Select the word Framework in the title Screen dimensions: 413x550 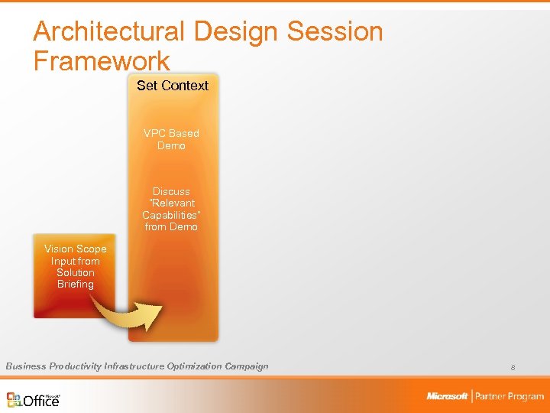pyautogui.click(x=102, y=61)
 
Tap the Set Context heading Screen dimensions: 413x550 pyautogui.click(x=173, y=86)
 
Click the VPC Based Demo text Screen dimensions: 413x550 pyautogui.click(x=171, y=139)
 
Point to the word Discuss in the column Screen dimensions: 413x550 pyautogui.click(x=171, y=191)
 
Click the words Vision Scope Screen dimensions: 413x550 pyautogui.click(x=75, y=249)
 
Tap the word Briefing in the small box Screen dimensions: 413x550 pyautogui.click(x=75, y=285)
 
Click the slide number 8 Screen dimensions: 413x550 pyautogui.click(x=513, y=368)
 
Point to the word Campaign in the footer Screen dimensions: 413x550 pyautogui.click(x=247, y=366)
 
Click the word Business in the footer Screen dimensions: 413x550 pyautogui.click(x=25, y=366)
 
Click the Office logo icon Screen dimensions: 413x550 pyautogui.click(x=15, y=399)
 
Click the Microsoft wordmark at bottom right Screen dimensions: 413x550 pyautogui.click(x=447, y=396)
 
